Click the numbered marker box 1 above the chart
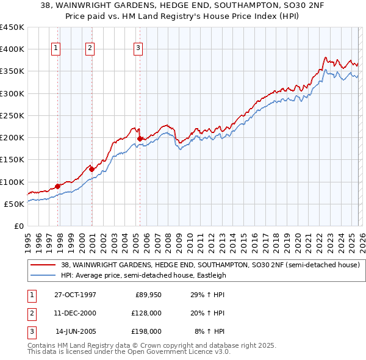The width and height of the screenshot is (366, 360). click(56, 48)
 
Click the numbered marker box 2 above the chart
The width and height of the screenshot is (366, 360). click(90, 48)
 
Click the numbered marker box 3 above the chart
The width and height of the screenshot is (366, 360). click(138, 48)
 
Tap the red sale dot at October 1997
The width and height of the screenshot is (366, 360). click(58, 186)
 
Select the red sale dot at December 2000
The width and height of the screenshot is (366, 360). click(91, 169)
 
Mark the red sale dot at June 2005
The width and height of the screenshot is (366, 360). click(140, 139)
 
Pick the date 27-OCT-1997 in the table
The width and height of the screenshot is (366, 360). click(75, 295)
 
